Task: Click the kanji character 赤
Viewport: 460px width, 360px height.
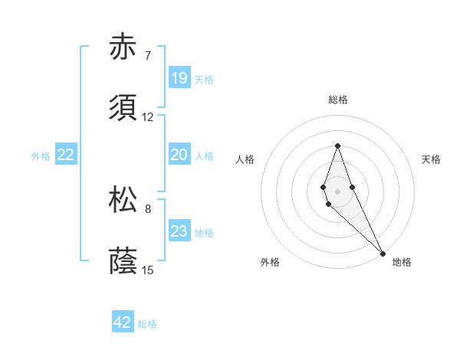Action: click(123, 47)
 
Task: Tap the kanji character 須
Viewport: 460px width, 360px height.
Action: click(123, 109)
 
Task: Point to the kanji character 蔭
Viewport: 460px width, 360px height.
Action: click(123, 261)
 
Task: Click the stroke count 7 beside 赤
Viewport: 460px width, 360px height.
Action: click(148, 56)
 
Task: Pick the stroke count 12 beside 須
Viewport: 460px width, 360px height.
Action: click(148, 117)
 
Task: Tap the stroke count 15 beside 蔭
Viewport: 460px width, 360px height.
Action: click(148, 270)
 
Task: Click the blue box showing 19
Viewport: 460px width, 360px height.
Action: click(179, 78)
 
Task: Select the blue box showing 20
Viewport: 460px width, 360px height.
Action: click(179, 155)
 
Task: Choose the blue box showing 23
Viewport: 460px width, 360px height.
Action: click(179, 231)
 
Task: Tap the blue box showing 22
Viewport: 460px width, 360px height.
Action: click(66, 155)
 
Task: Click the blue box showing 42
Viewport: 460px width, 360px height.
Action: click(123, 322)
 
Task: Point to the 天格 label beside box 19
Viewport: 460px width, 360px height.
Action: click(204, 80)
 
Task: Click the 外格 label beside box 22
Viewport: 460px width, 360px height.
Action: click(41, 156)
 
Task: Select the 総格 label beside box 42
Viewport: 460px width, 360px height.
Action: click(147, 324)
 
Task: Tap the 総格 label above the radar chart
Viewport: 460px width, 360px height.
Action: click(338, 100)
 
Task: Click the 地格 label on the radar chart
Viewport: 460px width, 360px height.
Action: click(402, 262)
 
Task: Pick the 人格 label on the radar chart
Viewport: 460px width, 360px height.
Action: click(245, 159)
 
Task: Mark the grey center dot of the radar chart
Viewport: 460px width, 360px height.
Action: click(337, 190)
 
